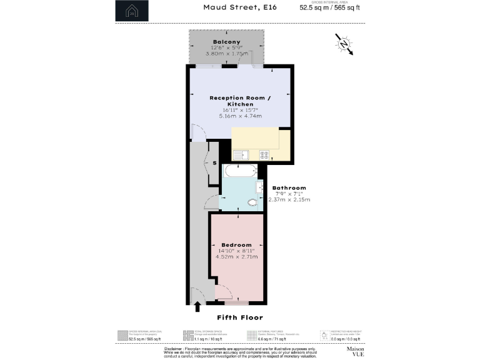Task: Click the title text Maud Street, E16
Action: (231, 7)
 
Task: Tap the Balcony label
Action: (226, 42)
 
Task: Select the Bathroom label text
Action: (288, 187)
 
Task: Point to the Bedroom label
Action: (236, 244)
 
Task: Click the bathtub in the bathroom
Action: (239, 171)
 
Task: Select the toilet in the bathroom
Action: (252, 202)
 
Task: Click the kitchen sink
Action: (240, 154)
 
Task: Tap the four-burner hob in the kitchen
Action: (264, 154)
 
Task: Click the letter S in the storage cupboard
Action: (214, 163)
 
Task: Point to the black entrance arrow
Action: (197, 306)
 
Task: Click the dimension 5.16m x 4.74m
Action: (240, 116)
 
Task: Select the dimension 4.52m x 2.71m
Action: (236, 256)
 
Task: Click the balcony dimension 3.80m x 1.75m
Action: (226, 54)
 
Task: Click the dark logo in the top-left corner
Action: (132, 11)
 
